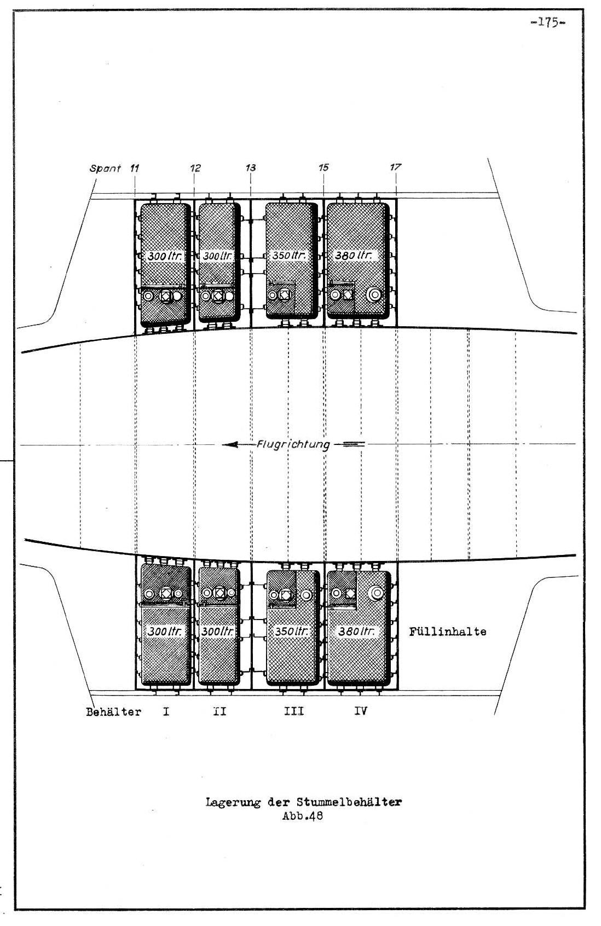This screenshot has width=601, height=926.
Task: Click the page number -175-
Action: pos(548,23)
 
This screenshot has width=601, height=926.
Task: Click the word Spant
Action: pos(105,168)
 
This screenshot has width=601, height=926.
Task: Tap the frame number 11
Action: pos(135,168)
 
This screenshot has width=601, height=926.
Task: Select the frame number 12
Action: pos(195,168)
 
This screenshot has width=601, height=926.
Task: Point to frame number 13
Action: pos(251,168)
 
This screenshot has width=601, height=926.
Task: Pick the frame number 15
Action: pos(323,167)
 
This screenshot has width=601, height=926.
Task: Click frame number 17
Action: pos(396,167)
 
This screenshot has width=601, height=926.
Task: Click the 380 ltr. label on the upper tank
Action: pos(354,256)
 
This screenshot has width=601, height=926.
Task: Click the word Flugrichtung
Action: pos(293,445)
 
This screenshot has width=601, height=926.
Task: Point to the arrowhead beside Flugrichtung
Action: pos(230,445)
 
